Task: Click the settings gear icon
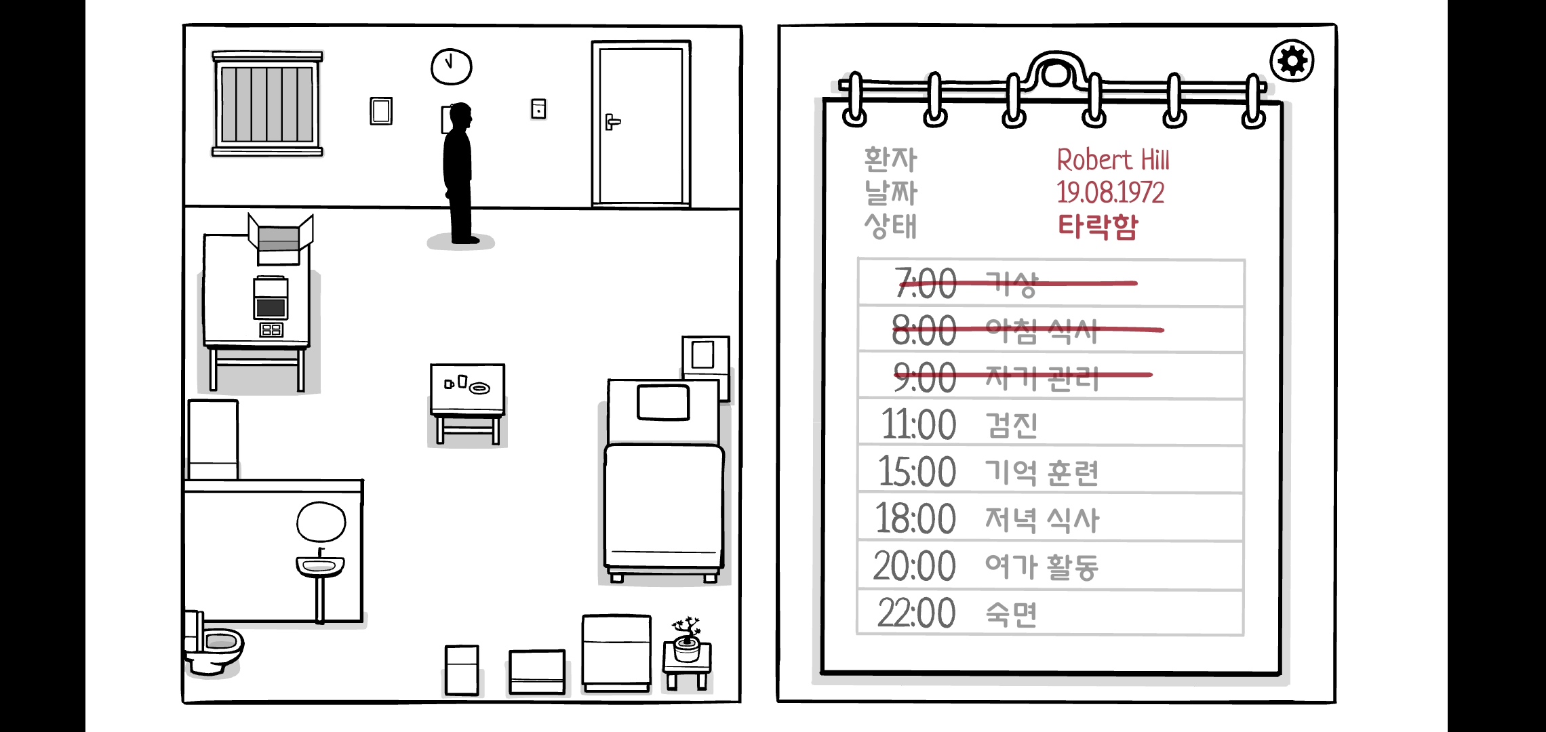[x=1292, y=62]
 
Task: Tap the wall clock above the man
[x=451, y=66]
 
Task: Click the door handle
[x=612, y=122]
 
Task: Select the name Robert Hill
[x=1113, y=161]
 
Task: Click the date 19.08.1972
[x=1110, y=193]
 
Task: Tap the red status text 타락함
[x=1098, y=226]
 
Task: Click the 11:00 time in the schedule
[x=918, y=425]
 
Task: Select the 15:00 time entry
[x=917, y=472]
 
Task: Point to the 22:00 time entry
[x=916, y=613]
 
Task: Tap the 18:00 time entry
[x=915, y=519]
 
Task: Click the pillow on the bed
[x=663, y=403]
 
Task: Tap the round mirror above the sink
[x=321, y=522]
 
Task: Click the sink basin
[x=320, y=565]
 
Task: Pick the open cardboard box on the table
[x=279, y=239]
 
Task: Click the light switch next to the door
[x=538, y=109]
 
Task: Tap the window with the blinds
[x=267, y=104]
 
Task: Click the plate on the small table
[x=480, y=388]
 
